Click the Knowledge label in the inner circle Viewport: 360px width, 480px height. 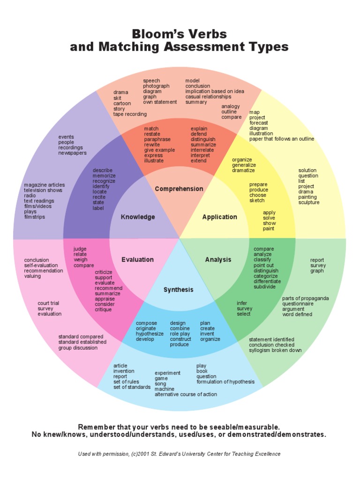(x=138, y=217)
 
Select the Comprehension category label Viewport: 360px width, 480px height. (x=179, y=189)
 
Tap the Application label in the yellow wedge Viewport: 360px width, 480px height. (x=219, y=217)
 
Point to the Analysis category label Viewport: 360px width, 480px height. (x=218, y=259)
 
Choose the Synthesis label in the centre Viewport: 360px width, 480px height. (x=178, y=290)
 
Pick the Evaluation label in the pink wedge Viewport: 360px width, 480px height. (x=137, y=259)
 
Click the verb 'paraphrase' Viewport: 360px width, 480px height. (x=157, y=139)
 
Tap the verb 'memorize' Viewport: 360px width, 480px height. (x=104, y=176)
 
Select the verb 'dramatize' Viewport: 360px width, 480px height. (x=244, y=170)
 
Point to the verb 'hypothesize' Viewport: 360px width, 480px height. (x=150, y=334)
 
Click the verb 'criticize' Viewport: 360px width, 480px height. (x=104, y=272)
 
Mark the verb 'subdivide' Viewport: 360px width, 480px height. (x=265, y=286)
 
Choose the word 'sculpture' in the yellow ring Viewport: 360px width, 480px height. (x=309, y=202)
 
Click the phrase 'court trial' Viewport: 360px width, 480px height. (x=48, y=303)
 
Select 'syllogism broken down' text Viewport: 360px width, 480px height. (x=275, y=350)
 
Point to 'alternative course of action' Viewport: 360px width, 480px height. (x=186, y=394)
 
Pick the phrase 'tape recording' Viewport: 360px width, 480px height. (x=130, y=114)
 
